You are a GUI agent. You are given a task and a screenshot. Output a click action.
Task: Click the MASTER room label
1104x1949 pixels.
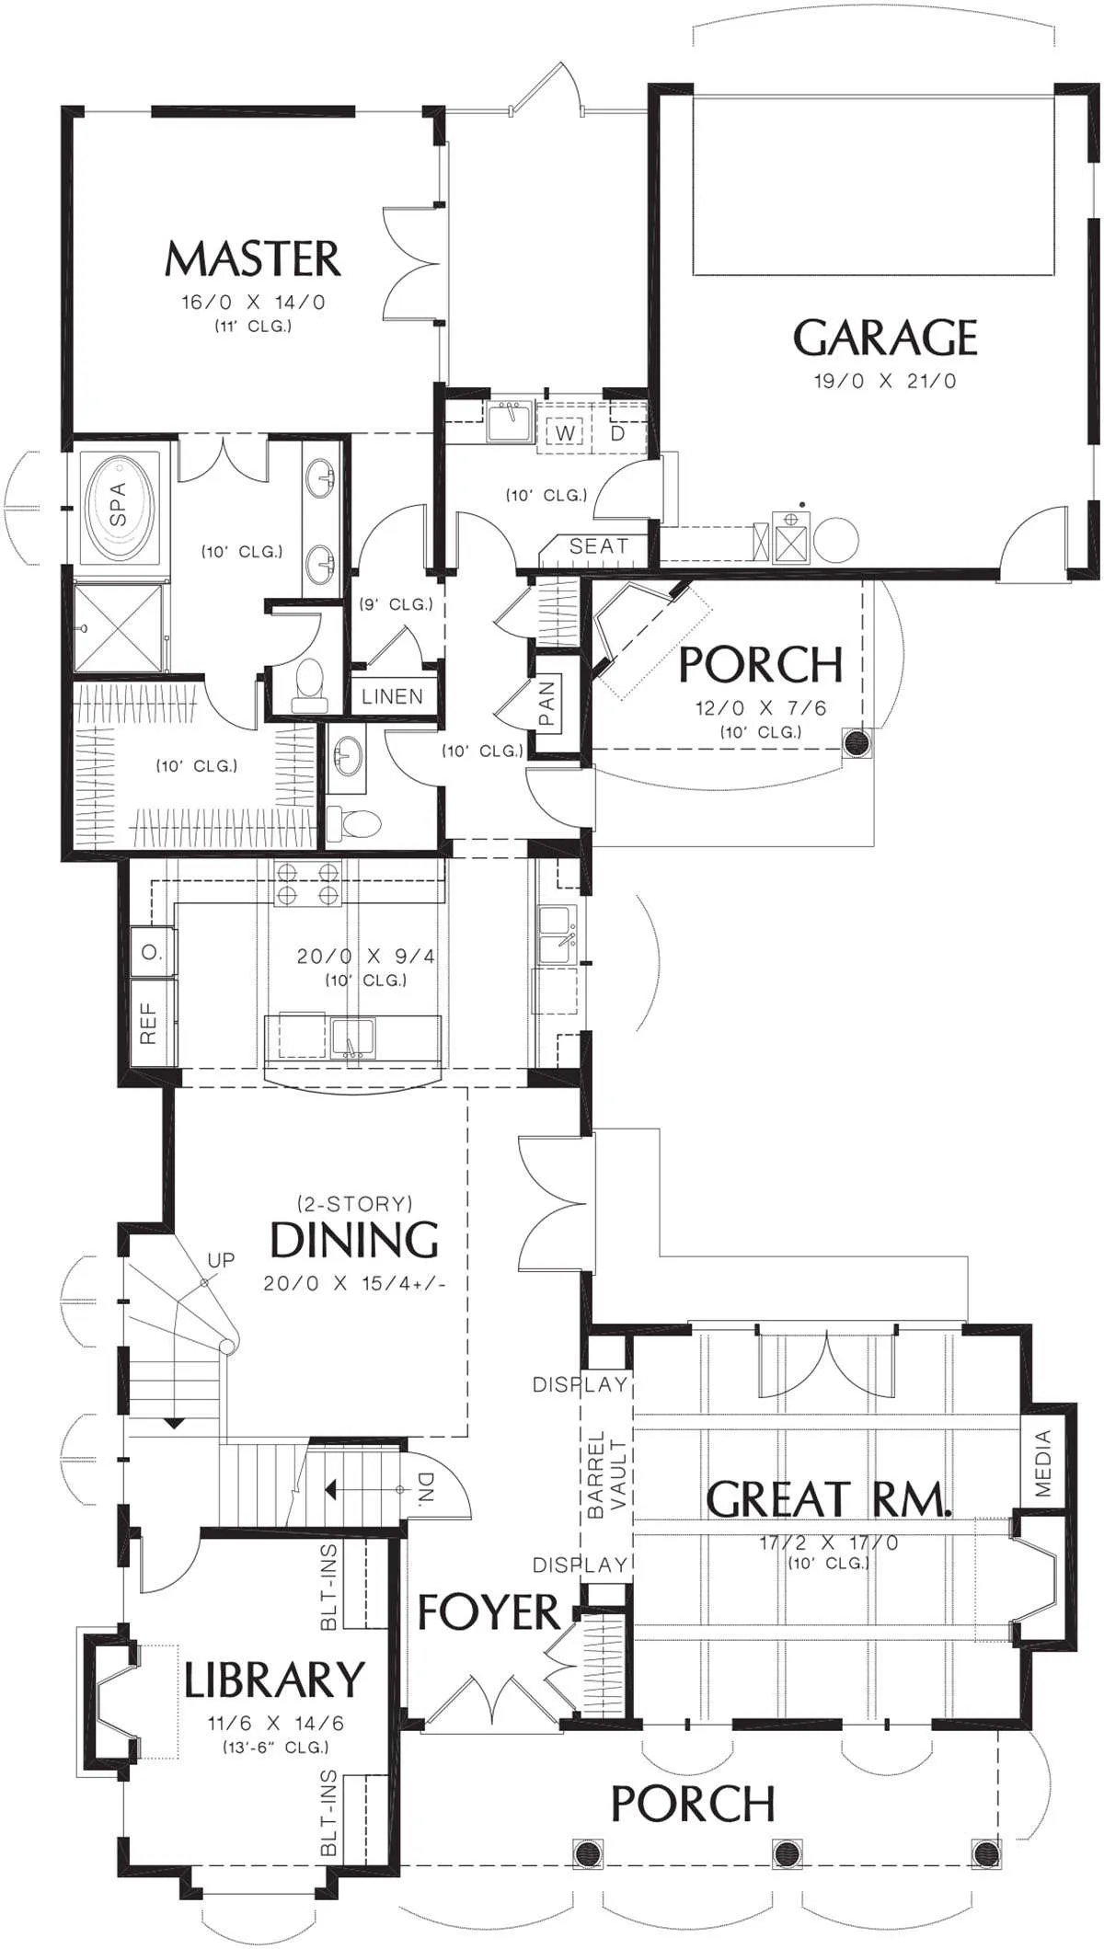coord(253,259)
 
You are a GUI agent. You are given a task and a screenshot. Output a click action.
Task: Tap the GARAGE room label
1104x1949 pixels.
coord(885,338)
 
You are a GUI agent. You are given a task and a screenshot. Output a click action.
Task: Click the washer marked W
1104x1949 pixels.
coord(566,432)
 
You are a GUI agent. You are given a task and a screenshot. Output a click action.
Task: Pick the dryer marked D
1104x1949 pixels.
coord(618,432)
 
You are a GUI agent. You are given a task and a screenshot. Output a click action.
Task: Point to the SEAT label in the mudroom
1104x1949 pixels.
coord(598,545)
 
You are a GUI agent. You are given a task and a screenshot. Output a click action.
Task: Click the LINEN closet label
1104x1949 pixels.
coord(392,696)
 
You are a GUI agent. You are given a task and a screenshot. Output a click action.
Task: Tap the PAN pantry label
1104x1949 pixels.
coord(547,702)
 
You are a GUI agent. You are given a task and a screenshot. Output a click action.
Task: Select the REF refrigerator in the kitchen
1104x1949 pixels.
coord(149,1023)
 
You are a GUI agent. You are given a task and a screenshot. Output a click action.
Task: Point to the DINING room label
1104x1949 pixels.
coord(354,1239)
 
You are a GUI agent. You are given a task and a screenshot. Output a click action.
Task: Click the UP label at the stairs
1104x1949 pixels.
coord(221,1259)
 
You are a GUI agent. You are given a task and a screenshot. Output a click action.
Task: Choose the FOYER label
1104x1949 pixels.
coord(489,1611)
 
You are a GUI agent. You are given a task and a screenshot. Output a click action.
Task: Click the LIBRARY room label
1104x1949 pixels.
coord(274,1680)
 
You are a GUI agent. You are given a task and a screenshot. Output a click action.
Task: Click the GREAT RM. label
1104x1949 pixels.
coord(828,1498)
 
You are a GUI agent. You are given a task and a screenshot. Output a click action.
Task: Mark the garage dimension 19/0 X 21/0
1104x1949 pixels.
coord(885,380)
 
